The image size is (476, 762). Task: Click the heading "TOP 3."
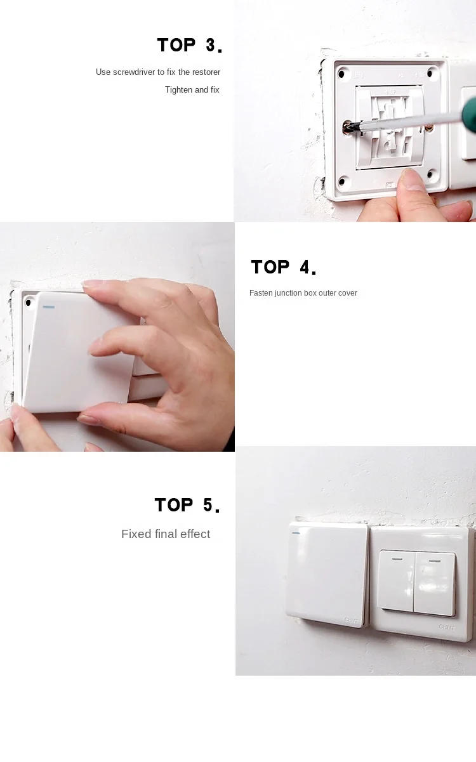tap(189, 46)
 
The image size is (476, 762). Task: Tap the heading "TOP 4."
tap(283, 268)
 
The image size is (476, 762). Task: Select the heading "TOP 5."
tap(187, 505)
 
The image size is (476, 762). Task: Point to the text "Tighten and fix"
tap(192, 90)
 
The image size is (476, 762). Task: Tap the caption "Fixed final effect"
tap(166, 534)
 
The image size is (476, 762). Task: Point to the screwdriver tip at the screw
tap(348, 128)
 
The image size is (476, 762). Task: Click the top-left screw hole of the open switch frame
tap(343, 71)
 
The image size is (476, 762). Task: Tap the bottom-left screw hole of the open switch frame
tap(343, 180)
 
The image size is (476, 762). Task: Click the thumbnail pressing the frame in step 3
tap(413, 179)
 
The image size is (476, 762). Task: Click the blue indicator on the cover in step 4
tap(48, 308)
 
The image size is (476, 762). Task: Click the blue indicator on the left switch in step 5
tap(295, 532)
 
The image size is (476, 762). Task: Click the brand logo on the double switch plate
tap(446, 627)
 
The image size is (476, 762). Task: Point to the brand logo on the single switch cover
tap(352, 621)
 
